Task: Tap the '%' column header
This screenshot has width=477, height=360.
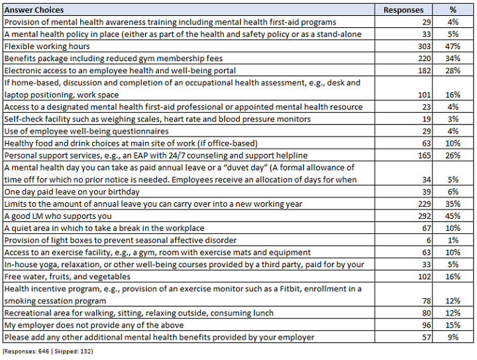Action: (x=453, y=11)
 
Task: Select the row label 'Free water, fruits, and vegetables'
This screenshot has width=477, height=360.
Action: (x=67, y=276)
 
